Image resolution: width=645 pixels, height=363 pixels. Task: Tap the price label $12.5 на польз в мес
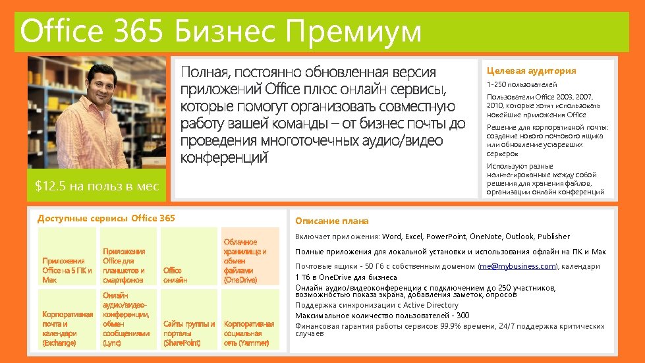97,186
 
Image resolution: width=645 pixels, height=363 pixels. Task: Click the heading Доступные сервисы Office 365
106,218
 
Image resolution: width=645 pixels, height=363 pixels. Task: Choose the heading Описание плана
332,221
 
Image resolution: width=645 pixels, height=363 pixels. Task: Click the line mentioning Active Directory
376,305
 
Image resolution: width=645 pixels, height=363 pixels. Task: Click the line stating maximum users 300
382,316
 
